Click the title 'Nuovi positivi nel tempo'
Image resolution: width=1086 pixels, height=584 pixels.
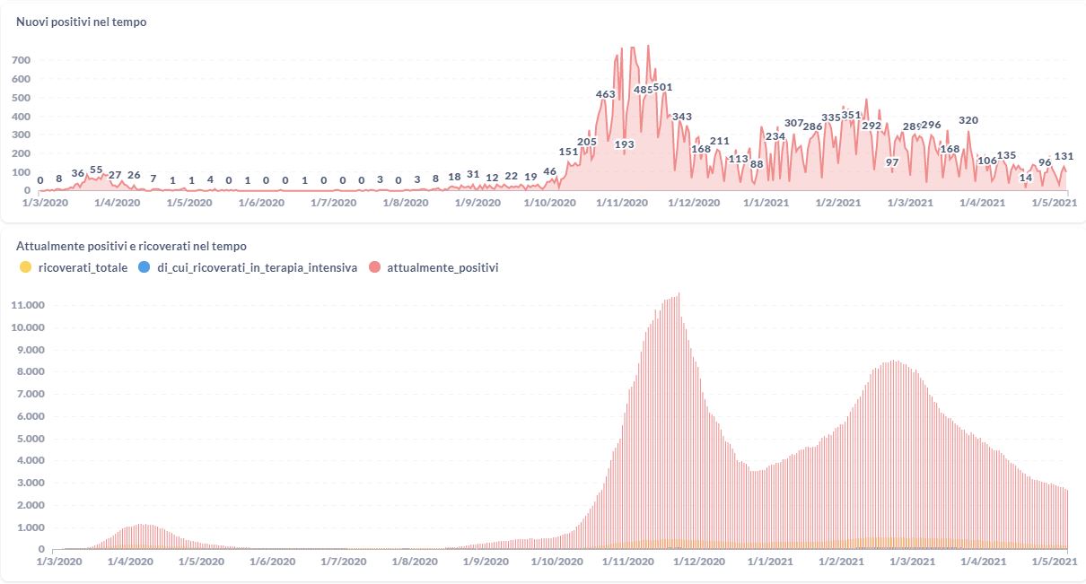82,22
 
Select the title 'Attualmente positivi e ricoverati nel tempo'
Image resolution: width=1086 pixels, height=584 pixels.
131,246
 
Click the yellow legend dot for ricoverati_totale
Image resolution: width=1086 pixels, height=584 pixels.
25,267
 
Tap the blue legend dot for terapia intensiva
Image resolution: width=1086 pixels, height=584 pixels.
145,267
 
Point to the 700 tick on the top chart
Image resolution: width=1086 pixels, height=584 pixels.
22,60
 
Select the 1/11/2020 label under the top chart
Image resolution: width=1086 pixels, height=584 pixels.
621,204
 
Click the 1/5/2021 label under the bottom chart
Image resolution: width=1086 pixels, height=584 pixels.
1053,562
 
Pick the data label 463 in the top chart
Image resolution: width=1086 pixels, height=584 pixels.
605,94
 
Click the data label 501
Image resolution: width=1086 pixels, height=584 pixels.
662,88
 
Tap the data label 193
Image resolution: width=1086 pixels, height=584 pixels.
624,144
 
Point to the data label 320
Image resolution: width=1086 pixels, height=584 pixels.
968,120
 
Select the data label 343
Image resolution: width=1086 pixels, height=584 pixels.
682,117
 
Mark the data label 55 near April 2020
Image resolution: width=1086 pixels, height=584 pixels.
96,170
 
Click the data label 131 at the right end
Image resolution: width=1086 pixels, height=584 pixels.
1064,157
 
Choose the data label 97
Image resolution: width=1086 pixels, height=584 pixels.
892,162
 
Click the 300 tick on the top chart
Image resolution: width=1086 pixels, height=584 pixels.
22,135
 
